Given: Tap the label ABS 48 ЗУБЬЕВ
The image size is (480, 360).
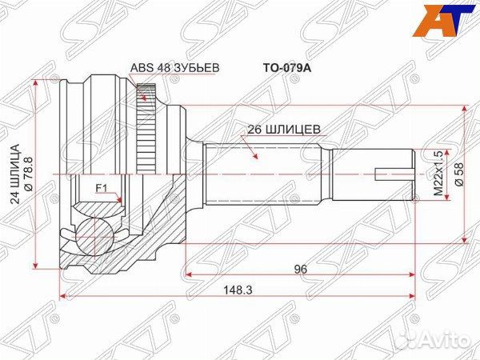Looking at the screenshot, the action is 174,68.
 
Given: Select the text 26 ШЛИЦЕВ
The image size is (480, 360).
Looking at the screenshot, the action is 284,130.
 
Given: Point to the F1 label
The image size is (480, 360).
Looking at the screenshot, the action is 102,188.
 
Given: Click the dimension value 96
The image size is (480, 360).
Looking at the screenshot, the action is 300,269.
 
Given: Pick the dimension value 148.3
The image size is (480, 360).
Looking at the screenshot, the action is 238,290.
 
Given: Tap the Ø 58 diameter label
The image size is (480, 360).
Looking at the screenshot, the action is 460,174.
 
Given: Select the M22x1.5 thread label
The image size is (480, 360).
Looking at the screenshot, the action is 438,174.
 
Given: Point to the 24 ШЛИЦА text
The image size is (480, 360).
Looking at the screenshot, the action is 15,174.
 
